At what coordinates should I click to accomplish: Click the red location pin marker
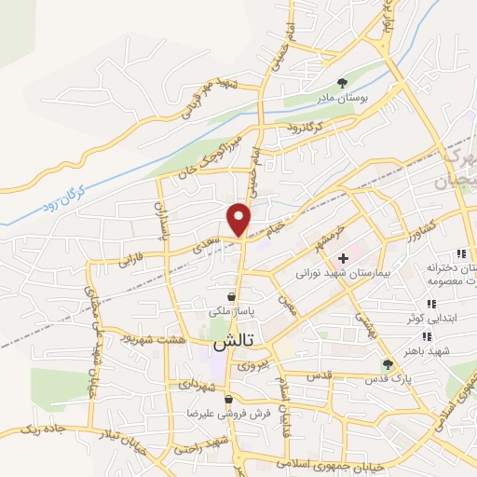[x=239, y=219]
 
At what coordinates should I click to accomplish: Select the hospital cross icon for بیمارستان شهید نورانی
[x=344, y=257]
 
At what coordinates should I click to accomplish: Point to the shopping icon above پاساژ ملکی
[x=230, y=297]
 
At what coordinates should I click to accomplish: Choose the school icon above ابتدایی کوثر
[x=430, y=304]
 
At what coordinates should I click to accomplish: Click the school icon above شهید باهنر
[x=427, y=336]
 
